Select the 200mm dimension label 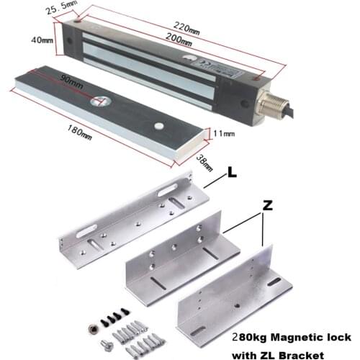click(x=183, y=42)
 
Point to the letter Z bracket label click(x=268, y=205)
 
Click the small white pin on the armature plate click(x=157, y=126)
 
